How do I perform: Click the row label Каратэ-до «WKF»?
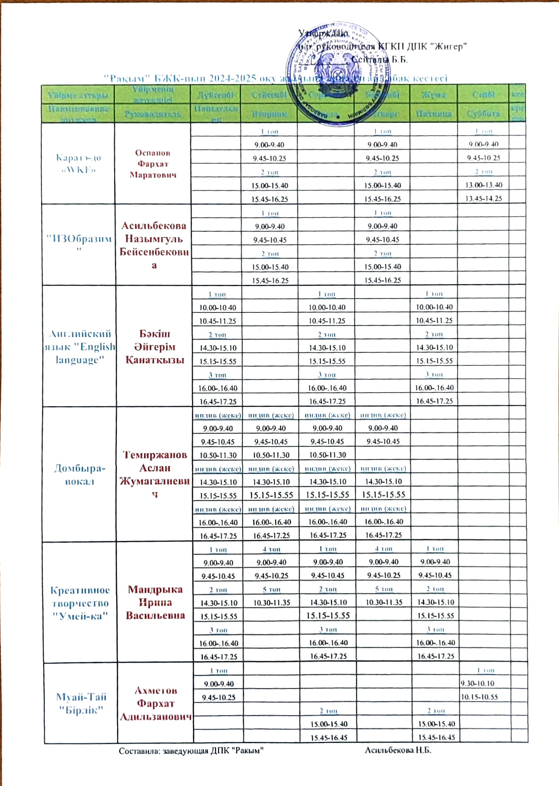78,164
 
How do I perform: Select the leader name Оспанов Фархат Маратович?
153,164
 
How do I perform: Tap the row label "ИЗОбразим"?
79,242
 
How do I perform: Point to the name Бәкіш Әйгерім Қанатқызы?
155,347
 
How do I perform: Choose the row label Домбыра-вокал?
80,474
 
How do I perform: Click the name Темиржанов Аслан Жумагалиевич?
155,474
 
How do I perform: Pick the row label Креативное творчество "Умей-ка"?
80,603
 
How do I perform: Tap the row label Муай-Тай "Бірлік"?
81,703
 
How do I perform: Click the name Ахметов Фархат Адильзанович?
156,703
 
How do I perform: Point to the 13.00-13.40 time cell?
484,185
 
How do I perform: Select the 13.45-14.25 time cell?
484,198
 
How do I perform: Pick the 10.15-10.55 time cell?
479,697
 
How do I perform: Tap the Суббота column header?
483,114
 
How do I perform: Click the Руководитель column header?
153,114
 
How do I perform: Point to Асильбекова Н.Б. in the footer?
398,750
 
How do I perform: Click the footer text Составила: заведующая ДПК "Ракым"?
192,751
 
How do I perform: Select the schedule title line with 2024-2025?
275,78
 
